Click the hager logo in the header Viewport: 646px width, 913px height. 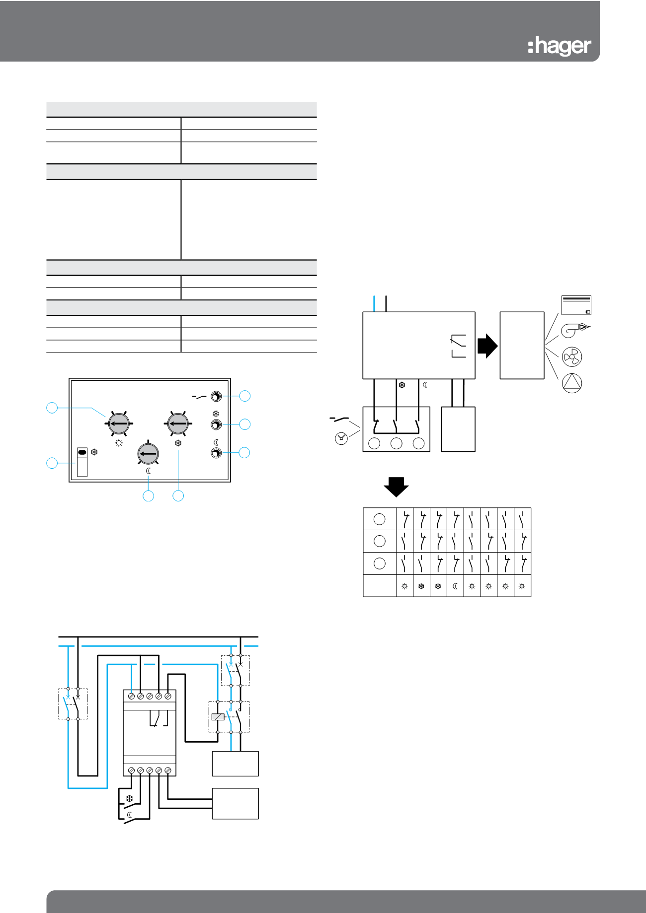point(560,46)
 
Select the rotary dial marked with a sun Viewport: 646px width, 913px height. point(119,424)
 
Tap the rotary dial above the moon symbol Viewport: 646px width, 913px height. point(148,453)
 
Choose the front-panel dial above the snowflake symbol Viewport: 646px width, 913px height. point(178,424)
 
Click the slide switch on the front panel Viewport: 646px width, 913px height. point(82,462)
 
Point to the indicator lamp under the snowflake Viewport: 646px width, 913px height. point(216,424)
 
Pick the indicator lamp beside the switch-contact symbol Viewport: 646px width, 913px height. point(216,396)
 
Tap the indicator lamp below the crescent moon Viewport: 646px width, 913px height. point(216,453)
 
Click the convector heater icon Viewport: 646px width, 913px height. point(576,305)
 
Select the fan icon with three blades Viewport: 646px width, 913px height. point(571,356)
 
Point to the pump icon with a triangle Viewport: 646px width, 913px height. point(571,383)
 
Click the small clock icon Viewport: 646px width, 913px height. point(341,438)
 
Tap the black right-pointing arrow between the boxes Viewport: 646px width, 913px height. point(487,346)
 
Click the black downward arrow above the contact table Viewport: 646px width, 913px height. point(396,487)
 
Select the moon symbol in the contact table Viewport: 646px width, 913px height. point(455,586)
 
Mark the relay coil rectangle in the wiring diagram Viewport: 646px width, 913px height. point(218,717)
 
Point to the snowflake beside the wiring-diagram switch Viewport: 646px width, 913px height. point(129,799)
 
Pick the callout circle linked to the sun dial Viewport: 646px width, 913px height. point(52,408)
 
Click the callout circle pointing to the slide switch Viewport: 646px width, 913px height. point(52,463)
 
